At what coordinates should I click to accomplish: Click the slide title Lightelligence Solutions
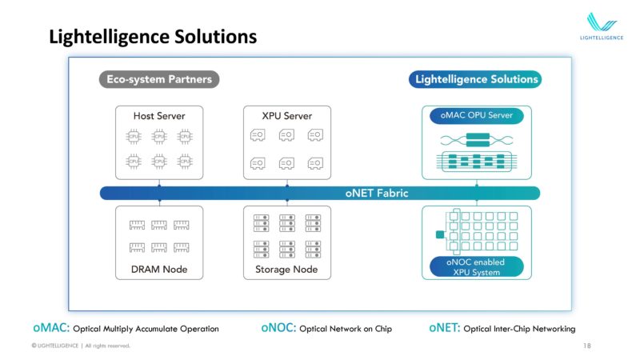pyautogui.click(x=153, y=37)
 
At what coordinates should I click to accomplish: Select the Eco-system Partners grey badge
pyautogui.click(x=159, y=79)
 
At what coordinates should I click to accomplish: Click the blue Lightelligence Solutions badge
pyautogui.click(x=475, y=79)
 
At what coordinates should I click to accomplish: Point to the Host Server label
pyautogui.click(x=159, y=116)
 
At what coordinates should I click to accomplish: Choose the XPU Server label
pyautogui.click(x=287, y=116)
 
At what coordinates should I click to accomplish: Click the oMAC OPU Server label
pyautogui.click(x=476, y=116)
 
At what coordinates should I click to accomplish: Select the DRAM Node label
pyautogui.click(x=159, y=269)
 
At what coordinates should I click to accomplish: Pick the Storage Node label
pyautogui.click(x=287, y=269)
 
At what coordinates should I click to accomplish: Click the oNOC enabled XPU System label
pyautogui.click(x=475, y=267)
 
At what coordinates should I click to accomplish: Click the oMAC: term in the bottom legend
pyautogui.click(x=52, y=328)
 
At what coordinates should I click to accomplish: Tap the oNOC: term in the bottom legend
pyautogui.click(x=278, y=328)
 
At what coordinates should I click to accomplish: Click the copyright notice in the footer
pyautogui.click(x=80, y=346)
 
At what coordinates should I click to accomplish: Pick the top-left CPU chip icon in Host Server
pyautogui.click(x=134, y=136)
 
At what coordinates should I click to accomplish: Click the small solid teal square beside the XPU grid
pyautogui.click(x=439, y=234)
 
